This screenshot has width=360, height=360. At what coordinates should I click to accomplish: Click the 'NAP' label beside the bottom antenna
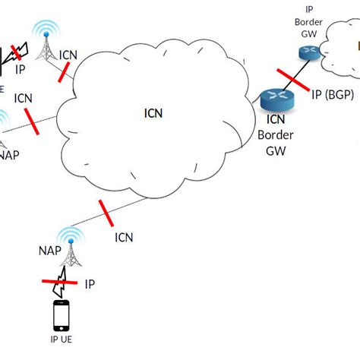[x=47, y=249]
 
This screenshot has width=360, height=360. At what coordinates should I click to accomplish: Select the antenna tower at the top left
[x=48, y=46]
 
